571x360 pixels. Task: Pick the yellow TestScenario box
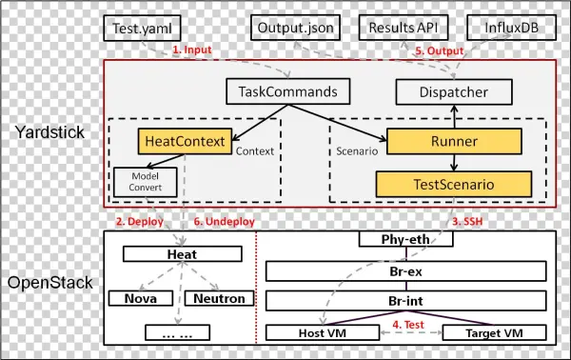click(x=452, y=184)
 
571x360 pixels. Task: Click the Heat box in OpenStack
click(x=181, y=255)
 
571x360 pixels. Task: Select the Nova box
click(x=139, y=298)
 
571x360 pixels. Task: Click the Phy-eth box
click(x=404, y=240)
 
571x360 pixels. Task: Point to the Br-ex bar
click(x=404, y=271)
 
